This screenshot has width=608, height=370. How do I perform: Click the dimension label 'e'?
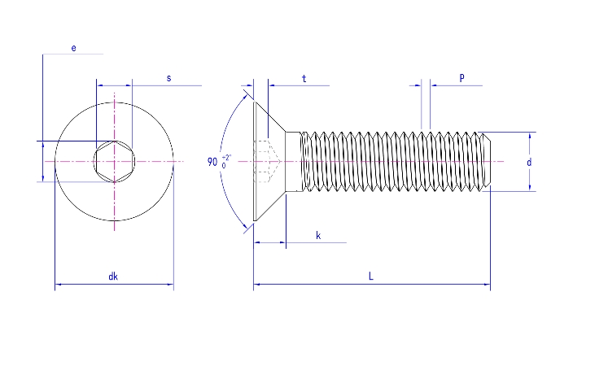[73, 49]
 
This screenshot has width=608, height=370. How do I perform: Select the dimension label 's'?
[168, 78]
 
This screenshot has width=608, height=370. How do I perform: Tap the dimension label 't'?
[304, 79]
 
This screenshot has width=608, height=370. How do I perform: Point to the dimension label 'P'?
[461, 78]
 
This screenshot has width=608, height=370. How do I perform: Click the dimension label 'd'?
[529, 163]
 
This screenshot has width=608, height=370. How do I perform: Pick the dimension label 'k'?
[318, 236]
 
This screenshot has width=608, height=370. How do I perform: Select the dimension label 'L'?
[370, 276]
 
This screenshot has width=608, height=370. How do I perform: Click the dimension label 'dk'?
[113, 276]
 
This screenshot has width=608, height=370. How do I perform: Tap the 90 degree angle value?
[212, 161]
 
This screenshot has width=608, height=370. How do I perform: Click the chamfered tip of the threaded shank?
[487, 162]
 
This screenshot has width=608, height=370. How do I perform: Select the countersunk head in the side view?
[270, 162]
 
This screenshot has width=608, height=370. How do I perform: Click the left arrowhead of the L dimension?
[257, 285]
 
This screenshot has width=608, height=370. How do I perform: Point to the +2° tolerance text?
[226, 156]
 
